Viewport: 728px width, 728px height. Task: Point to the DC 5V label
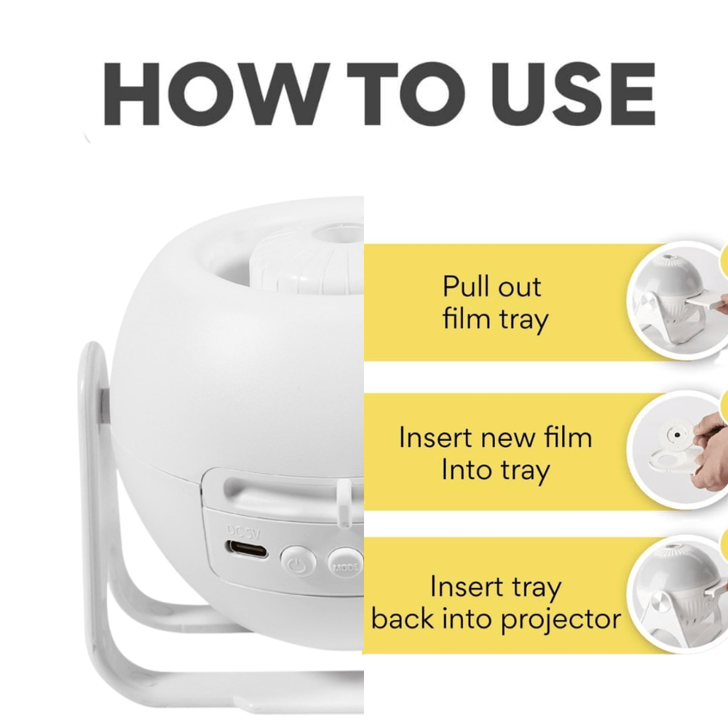click(242, 531)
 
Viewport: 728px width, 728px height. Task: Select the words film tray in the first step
click(495, 319)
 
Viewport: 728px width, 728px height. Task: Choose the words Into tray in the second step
click(495, 470)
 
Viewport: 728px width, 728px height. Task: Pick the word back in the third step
click(401, 619)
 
